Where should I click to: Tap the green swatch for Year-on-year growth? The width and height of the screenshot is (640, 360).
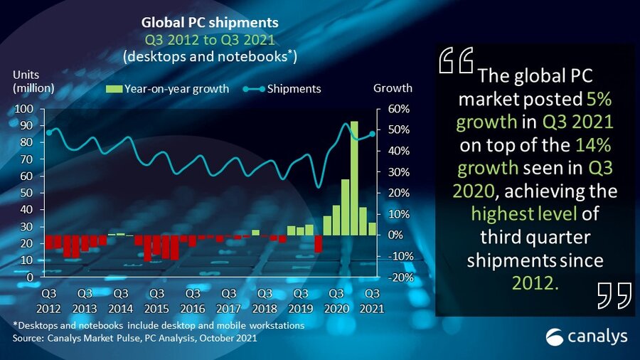click(114, 89)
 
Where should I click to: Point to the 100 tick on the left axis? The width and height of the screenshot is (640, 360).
click(24, 109)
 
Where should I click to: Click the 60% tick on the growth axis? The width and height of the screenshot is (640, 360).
click(398, 109)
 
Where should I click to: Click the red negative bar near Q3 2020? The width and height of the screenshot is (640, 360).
click(318, 243)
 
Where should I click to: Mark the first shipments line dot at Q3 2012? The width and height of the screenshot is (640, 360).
click(49, 132)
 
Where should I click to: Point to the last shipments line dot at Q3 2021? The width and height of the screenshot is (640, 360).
click(372, 134)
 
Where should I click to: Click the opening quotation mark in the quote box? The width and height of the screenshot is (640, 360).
click(456, 61)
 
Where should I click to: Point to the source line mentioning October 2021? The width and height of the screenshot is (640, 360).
click(135, 338)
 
